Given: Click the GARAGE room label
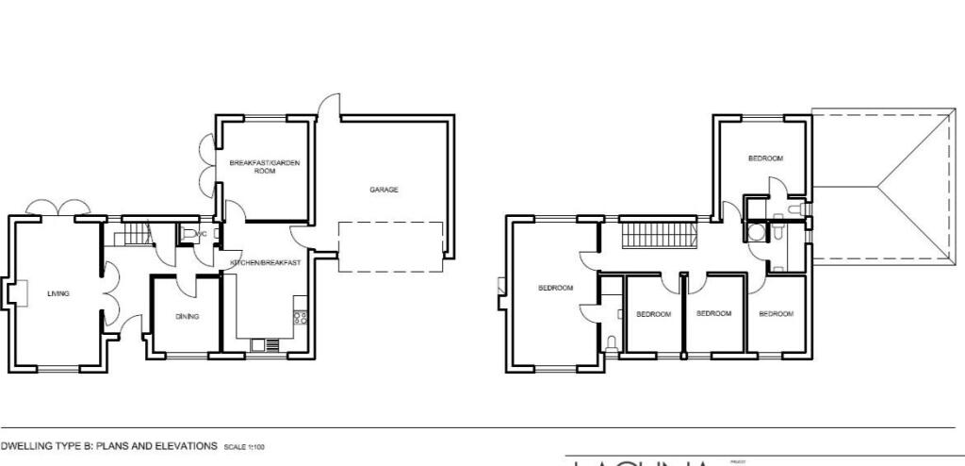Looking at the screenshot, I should click(x=384, y=190).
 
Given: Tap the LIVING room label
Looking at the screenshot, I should click(x=58, y=293).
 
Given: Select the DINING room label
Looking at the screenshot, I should click(x=188, y=316).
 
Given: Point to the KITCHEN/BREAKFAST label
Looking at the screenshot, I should click(x=266, y=263).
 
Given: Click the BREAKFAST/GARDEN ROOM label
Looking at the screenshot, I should click(x=265, y=167).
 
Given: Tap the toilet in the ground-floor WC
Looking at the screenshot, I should click(x=189, y=234).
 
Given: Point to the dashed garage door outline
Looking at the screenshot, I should click(x=390, y=247).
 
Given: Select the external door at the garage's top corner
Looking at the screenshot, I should click(x=327, y=108).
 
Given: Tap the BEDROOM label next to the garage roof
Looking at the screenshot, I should click(x=765, y=158).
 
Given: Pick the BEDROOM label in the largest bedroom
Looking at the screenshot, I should click(x=555, y=288).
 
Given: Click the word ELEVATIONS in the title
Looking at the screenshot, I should click(x=185, y=445).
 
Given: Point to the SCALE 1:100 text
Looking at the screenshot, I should click(x=244, y=446).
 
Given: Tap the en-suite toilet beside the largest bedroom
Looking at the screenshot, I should click(x=613, y=342).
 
